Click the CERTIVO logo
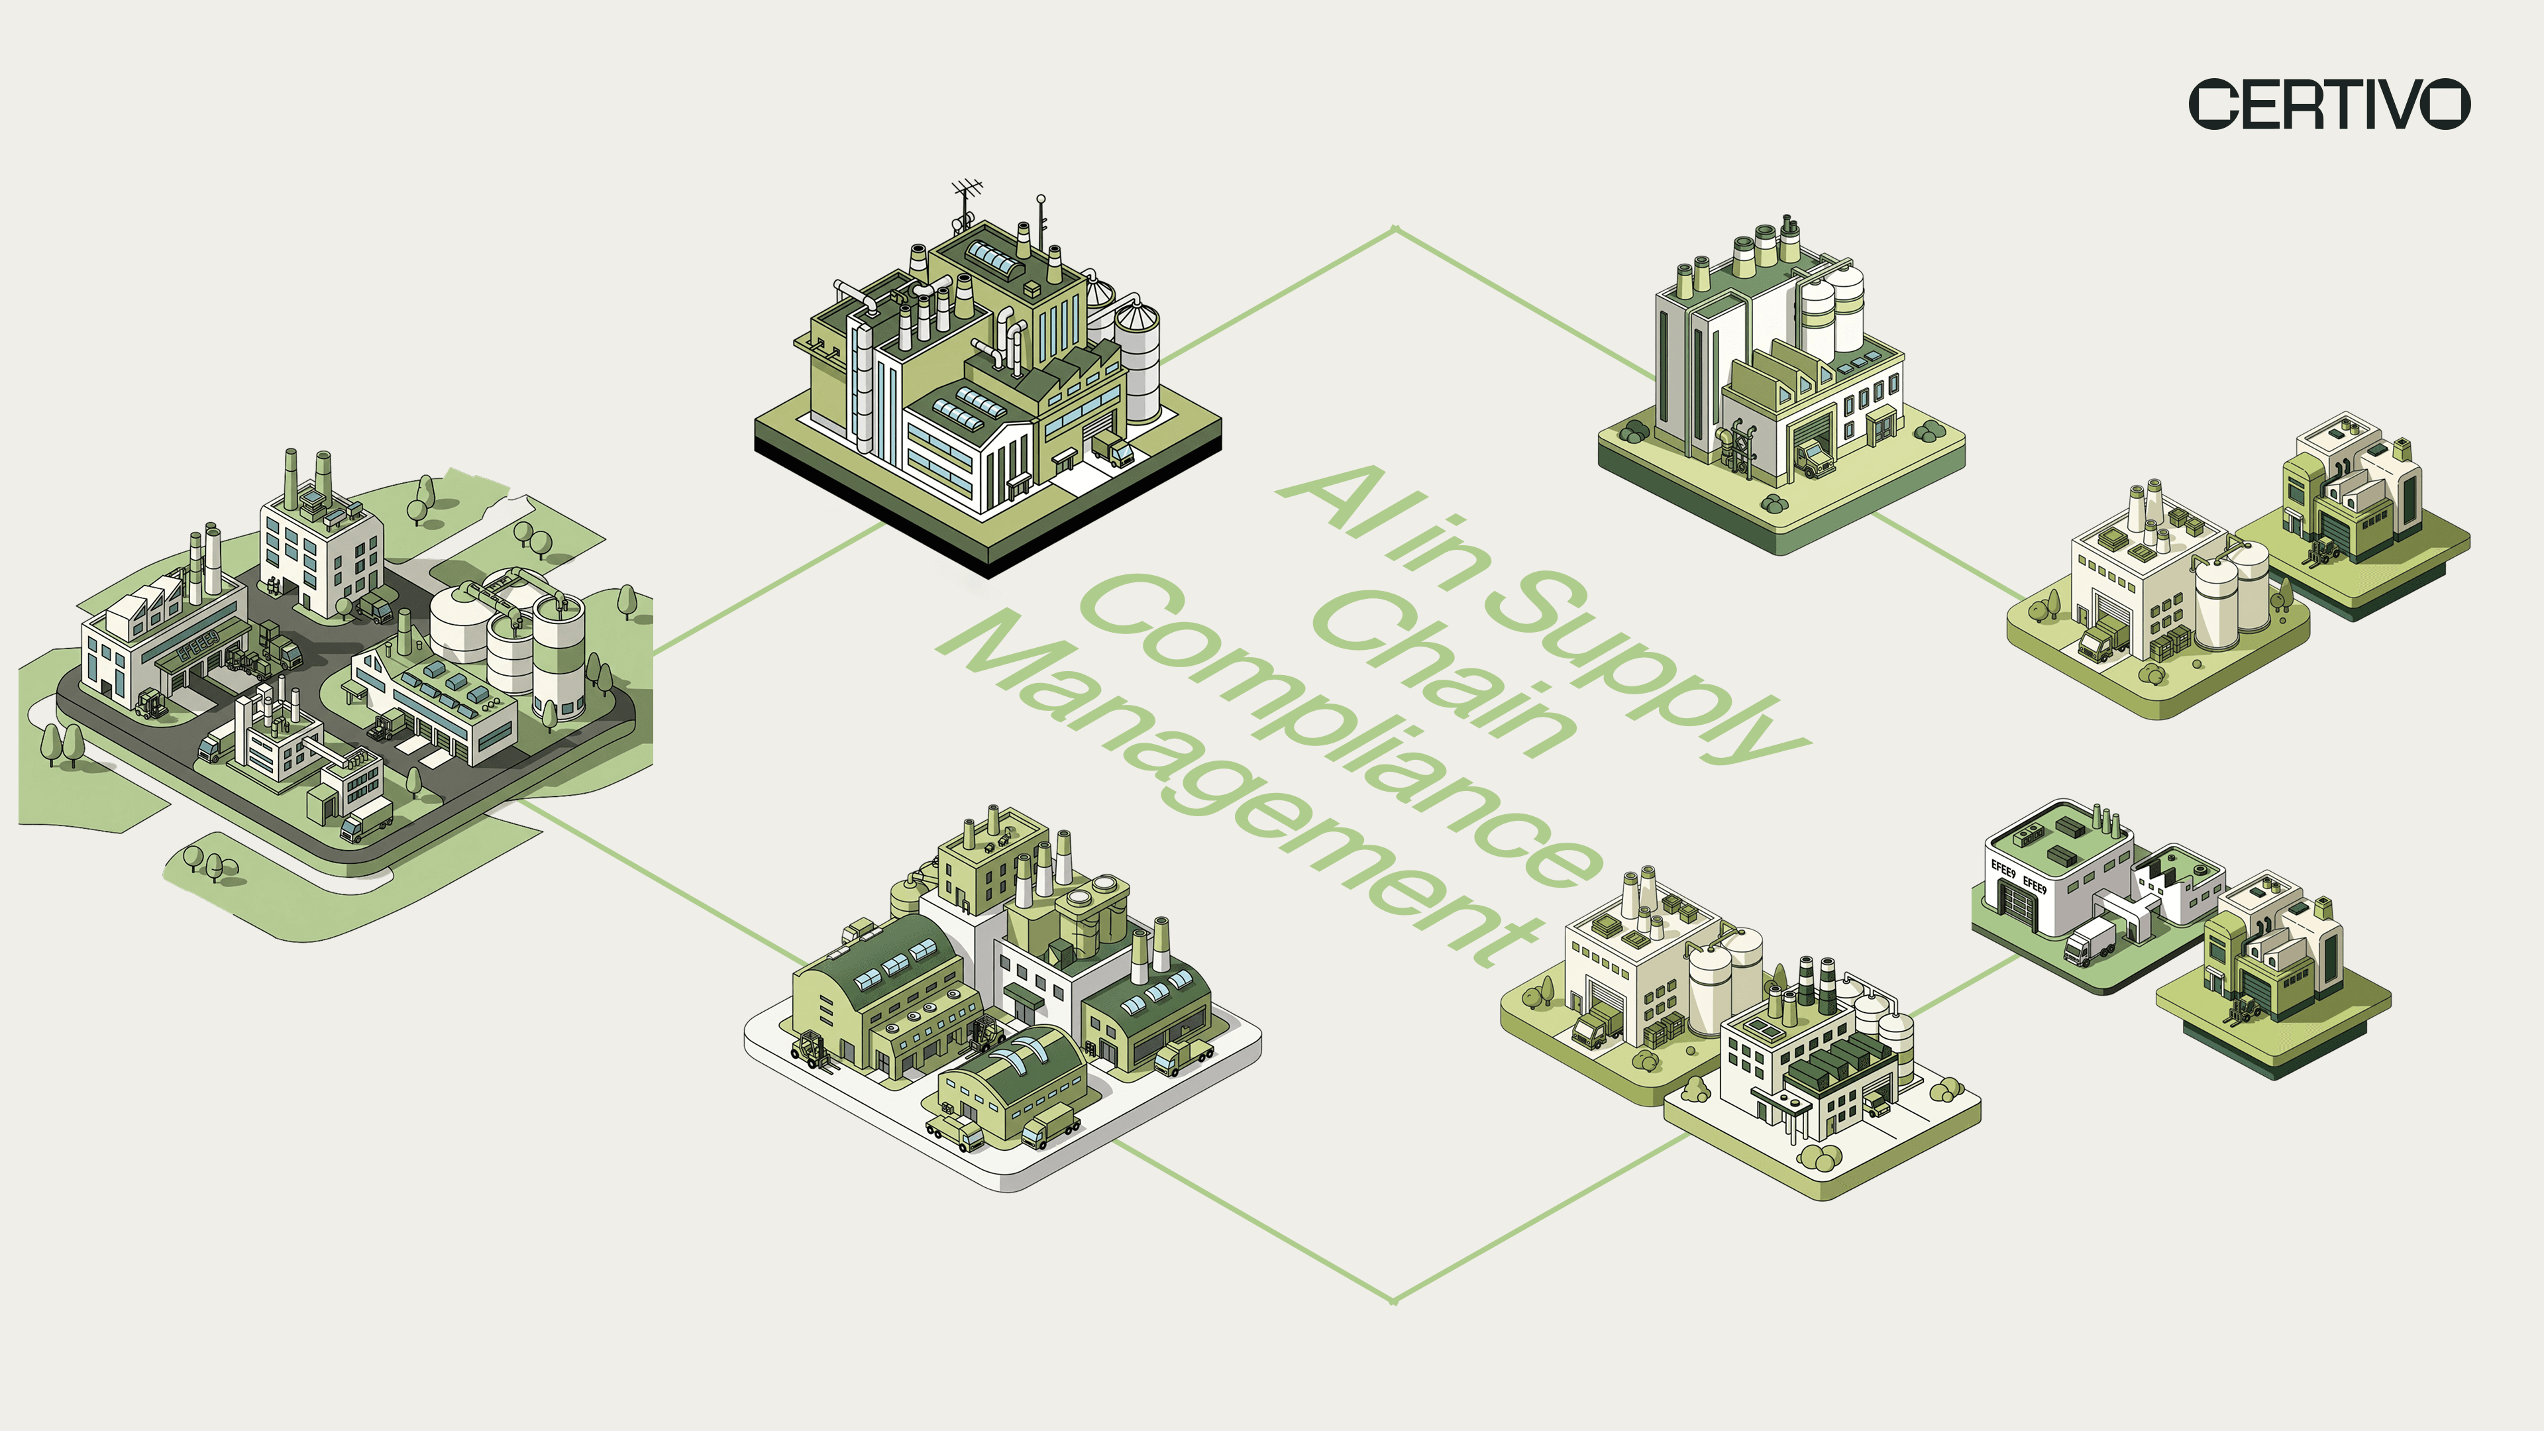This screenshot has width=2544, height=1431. tap(2329, 104)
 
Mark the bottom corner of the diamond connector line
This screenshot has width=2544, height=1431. tap(1393, 1300)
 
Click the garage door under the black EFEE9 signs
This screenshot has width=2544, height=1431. tap(2015, 902)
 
